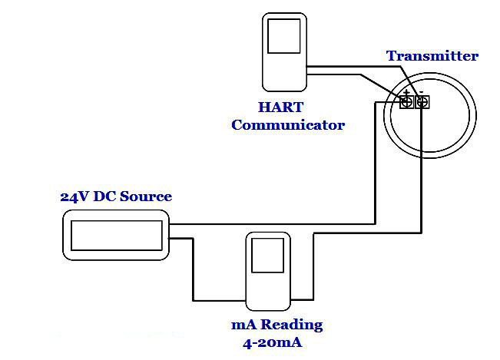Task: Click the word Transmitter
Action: [x=432, y=56]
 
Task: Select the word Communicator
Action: [x=288, y=124]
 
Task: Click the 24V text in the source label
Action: [x=74, y=197]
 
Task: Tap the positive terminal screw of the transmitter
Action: [x=407, y=101]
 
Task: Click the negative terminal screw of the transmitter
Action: [x=422, y=101]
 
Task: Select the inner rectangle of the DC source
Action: [x=116, y=235]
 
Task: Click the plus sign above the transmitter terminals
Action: [x=406, y=92]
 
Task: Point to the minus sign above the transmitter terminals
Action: [x=422, y=92]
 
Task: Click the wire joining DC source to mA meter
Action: [x=192, y=269]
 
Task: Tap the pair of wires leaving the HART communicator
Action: [x=346, y=71]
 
